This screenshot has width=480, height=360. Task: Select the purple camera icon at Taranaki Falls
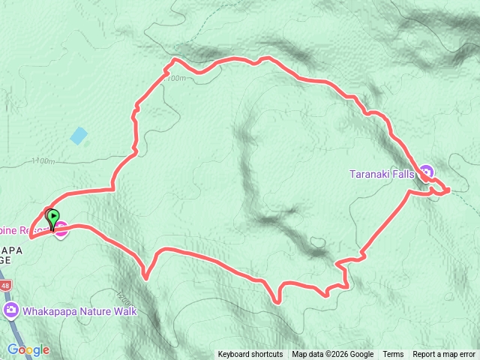(427, 173)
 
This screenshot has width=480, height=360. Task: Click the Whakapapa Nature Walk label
(79, 310)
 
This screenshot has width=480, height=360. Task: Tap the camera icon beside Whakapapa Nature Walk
(11, 310)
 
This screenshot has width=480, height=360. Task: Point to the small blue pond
(79, 136)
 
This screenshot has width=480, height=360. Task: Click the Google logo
(28, 349)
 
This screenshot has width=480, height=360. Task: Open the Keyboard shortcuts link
(250, 355)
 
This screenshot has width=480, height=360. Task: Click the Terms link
(393, 355)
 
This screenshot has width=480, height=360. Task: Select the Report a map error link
(444, 355)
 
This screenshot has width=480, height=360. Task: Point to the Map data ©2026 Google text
(333, 355)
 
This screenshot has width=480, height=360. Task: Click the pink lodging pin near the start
(61, 230)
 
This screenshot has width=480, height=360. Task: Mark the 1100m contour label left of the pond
(44, 160)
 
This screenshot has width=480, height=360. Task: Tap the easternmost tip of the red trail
(448, 190)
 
